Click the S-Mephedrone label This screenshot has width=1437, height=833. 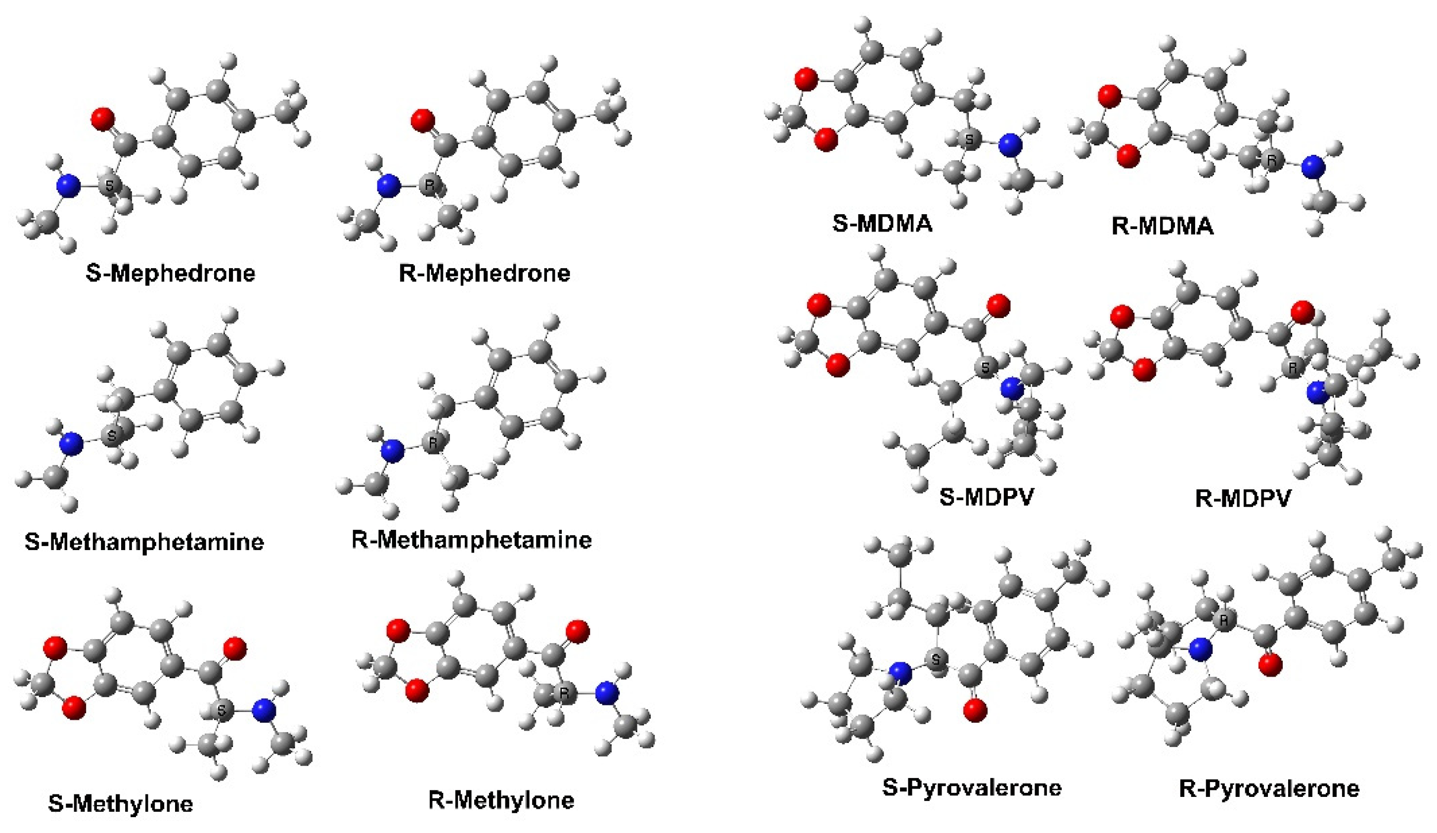coord(171,273)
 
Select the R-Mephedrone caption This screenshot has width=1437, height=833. coord(484,273)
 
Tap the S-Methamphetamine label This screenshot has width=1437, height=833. coord(144,541)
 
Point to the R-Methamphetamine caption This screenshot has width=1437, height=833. coord(472,539)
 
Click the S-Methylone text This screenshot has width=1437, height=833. coord(120,803)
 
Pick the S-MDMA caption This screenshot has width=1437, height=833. coord(882,223)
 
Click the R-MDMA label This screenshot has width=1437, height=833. coord(1162,226)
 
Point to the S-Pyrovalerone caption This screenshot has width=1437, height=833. coord(972,787)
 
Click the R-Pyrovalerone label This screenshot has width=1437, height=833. coord(1269,788)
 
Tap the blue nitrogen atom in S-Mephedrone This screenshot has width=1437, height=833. coord(68,186)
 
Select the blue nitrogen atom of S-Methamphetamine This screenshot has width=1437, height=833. coord(71,444)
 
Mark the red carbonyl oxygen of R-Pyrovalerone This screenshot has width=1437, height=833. coord(1270,665)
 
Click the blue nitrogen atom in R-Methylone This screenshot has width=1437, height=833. coord(606,693)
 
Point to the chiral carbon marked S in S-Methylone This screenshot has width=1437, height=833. coord(222,711)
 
